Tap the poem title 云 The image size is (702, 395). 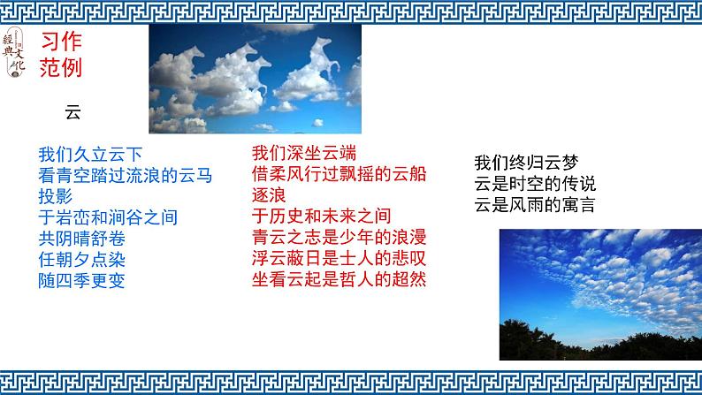pyautogui.click(x=72, y=112)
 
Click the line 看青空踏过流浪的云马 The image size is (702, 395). pyautogui.click(x=126, y=175)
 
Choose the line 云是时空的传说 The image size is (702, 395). pyautogui.click(x=534, y=185)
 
